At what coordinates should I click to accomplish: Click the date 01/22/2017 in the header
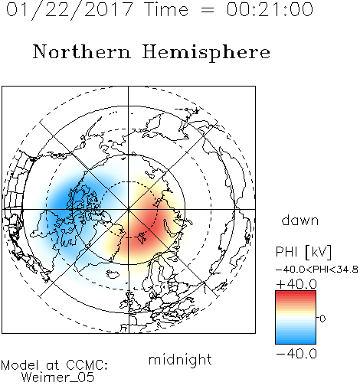click(x=69, y=9)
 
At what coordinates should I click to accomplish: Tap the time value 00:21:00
click(x=270, y=9)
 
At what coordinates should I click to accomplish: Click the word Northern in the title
click(x=82, y=52)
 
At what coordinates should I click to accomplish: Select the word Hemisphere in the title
click(x=206, y=53)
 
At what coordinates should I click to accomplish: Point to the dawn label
click(x=300, y=220)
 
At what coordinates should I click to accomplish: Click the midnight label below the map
click(x=180, y=359)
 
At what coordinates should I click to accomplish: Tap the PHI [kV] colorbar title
click(x=303, y=252)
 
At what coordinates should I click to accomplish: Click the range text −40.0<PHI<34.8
click(x=317, y=270)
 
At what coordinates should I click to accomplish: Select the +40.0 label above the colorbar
click(x=296, y=284)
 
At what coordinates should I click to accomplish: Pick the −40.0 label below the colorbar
click(x=296, y=354)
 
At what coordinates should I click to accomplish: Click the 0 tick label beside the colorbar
click(x=322, y=319)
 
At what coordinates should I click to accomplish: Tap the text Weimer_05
click(x=58, y=378)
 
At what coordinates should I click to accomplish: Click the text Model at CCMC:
click(x=54, y=365)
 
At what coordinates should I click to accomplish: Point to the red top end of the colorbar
click(x=296, y=293)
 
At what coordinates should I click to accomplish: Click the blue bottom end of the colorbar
click(x=296, y=342)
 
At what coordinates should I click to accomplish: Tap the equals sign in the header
click(x=208, y=10)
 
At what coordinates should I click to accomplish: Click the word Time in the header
click(x=166, y=9)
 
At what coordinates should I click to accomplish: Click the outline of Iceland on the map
click(x=113, y=274)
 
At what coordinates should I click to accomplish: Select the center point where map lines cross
click(x=129, y=209)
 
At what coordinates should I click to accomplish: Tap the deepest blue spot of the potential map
click(x=64, y=201)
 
